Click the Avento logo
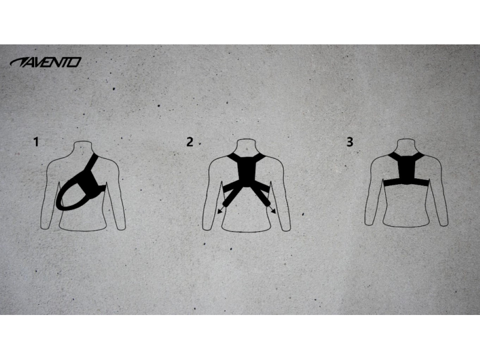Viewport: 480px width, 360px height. click(46, 62)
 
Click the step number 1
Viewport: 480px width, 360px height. click(37, 142)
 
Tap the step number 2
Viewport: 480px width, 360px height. click(190, 142)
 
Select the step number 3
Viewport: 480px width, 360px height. click(350, 142)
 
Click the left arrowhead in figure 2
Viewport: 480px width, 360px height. click(220, 211)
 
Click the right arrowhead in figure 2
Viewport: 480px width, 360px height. click(273, 211)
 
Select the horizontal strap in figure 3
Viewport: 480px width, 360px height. click(407, 184)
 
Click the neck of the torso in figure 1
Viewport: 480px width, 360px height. click(83, 146)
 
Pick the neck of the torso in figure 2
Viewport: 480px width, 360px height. click(247, 146)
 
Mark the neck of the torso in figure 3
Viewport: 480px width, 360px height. click(407, 145)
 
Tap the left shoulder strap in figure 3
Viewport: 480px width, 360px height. click(394, 157)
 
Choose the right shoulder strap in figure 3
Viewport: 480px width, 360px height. click(419, 157)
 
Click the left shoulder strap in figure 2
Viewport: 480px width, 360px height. click(233, 158)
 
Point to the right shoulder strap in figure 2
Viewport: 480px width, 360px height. click(260, 158)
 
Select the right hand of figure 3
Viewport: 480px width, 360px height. click(443, 223)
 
